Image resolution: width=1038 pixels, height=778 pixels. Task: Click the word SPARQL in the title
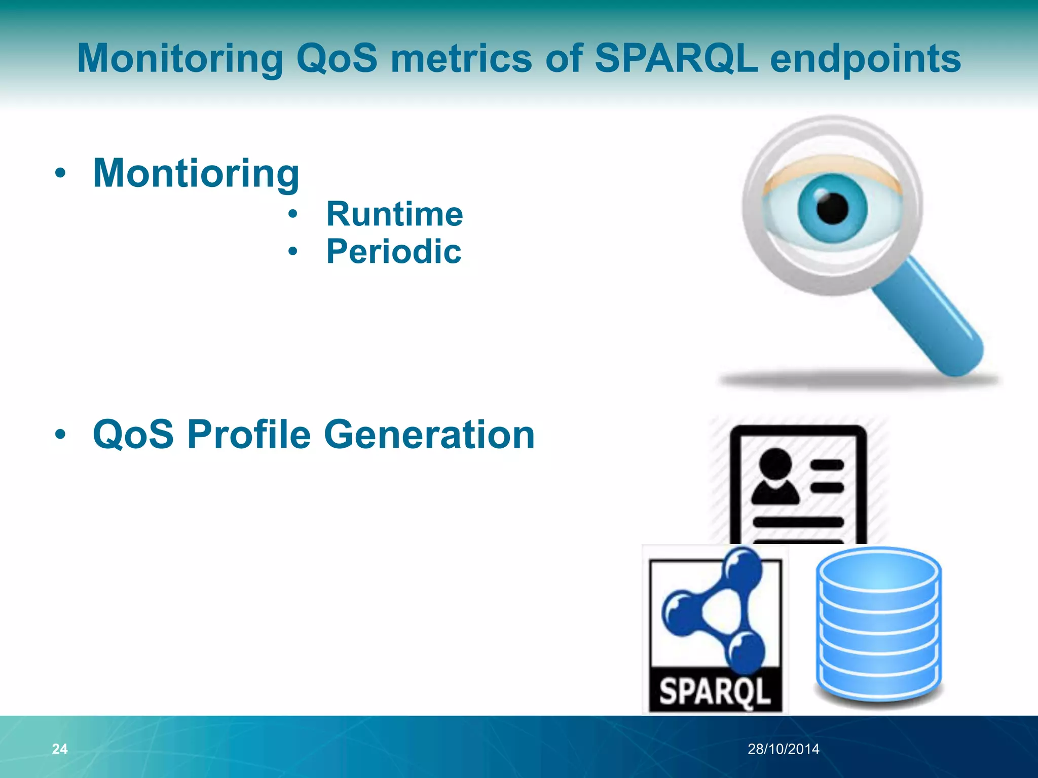(676, 58)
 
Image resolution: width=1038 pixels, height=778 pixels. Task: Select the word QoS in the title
(337, 58)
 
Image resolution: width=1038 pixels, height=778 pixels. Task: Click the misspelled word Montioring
(196, 173)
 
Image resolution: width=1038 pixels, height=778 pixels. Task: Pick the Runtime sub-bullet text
(394, 214)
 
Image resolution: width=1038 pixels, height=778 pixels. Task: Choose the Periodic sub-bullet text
(394, 251)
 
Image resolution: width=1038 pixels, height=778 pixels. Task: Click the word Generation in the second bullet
(429, 435)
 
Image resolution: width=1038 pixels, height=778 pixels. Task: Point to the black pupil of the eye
(832, 208)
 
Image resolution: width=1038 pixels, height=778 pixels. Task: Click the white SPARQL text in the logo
(715, 692)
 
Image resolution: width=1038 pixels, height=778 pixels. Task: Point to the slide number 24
(60, 749)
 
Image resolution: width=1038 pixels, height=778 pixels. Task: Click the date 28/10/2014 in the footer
(783, 749)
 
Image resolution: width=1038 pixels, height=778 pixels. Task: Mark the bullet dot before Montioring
(60, 174)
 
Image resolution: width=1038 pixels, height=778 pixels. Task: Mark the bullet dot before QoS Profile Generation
(60, 435)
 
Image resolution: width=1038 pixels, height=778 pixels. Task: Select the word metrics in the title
(461, 58)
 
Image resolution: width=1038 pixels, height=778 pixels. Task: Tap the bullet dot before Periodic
(292, 251)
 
